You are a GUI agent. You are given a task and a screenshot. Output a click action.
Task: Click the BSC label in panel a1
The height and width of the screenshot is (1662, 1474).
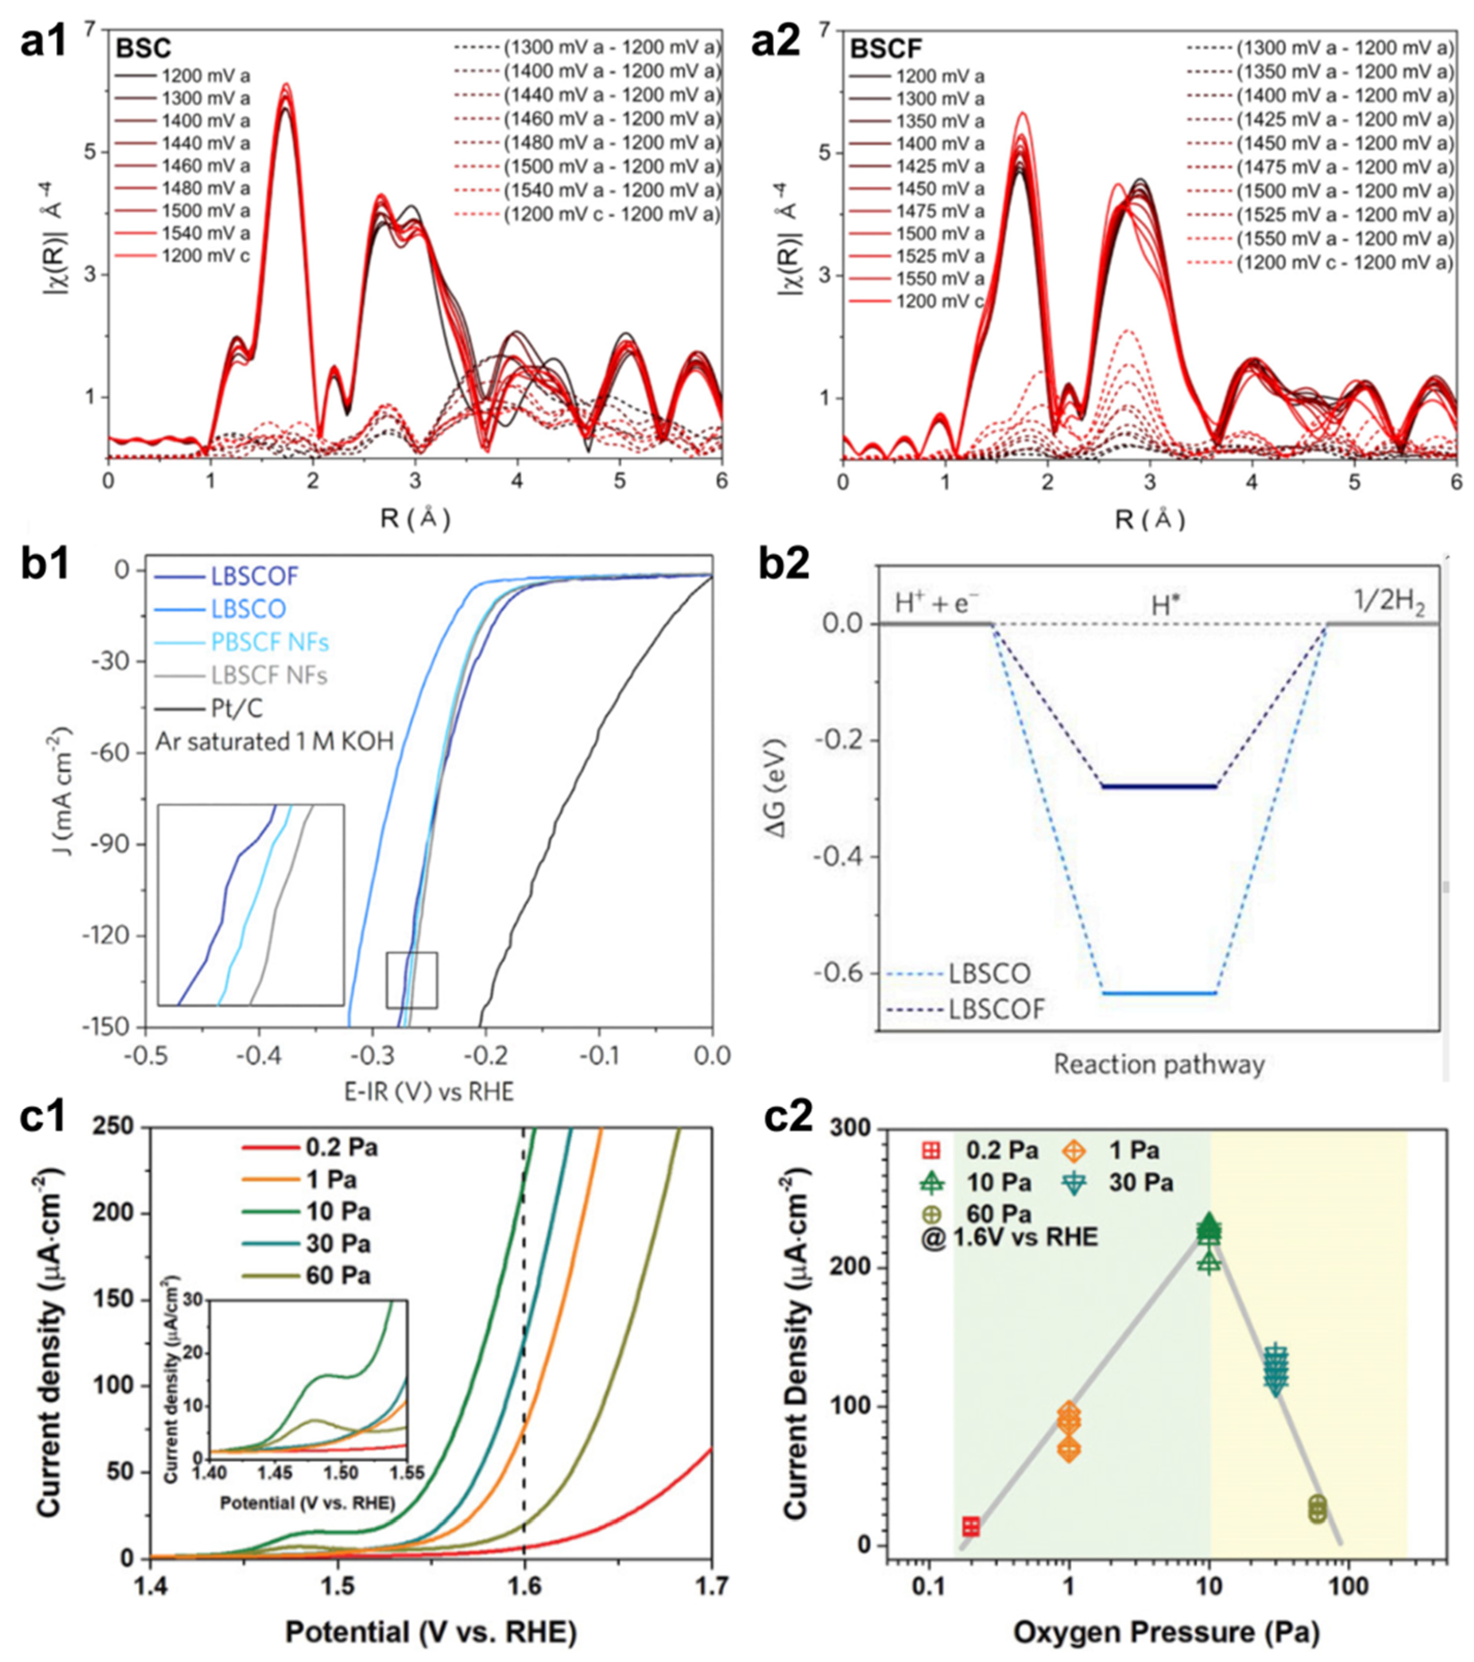[143, 48]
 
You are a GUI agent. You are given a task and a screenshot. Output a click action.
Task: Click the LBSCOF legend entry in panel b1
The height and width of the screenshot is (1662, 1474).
[254, 576]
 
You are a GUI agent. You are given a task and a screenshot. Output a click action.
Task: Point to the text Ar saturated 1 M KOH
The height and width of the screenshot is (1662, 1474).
[275, 741]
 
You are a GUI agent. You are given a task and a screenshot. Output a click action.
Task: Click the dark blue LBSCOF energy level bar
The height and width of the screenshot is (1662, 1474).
[1159, 786]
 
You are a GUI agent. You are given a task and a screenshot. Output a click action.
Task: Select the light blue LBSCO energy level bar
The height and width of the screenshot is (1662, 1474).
[1159, 993]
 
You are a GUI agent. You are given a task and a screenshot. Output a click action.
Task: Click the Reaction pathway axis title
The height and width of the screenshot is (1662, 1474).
[1159, 1064]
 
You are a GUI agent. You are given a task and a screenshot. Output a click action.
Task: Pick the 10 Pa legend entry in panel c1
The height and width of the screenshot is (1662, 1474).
[338, 1212]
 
